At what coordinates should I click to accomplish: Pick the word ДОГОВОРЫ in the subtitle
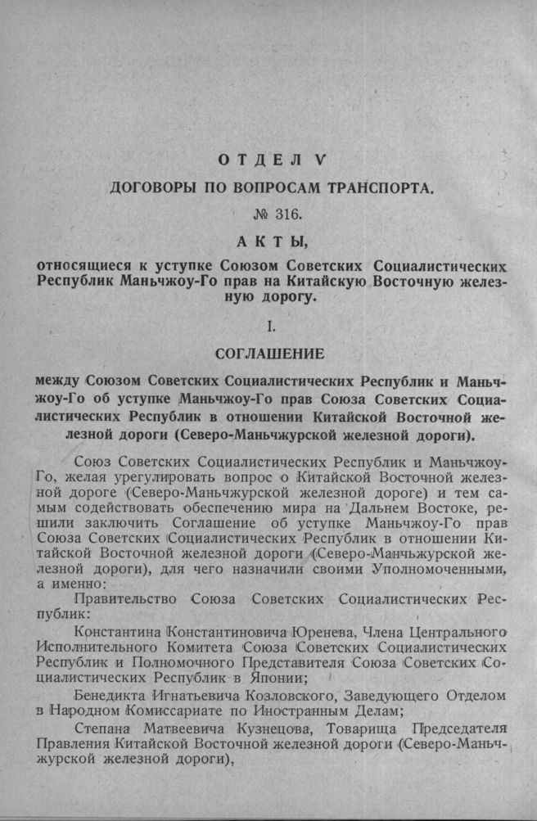pyautogui.click(x=152, y=188)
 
